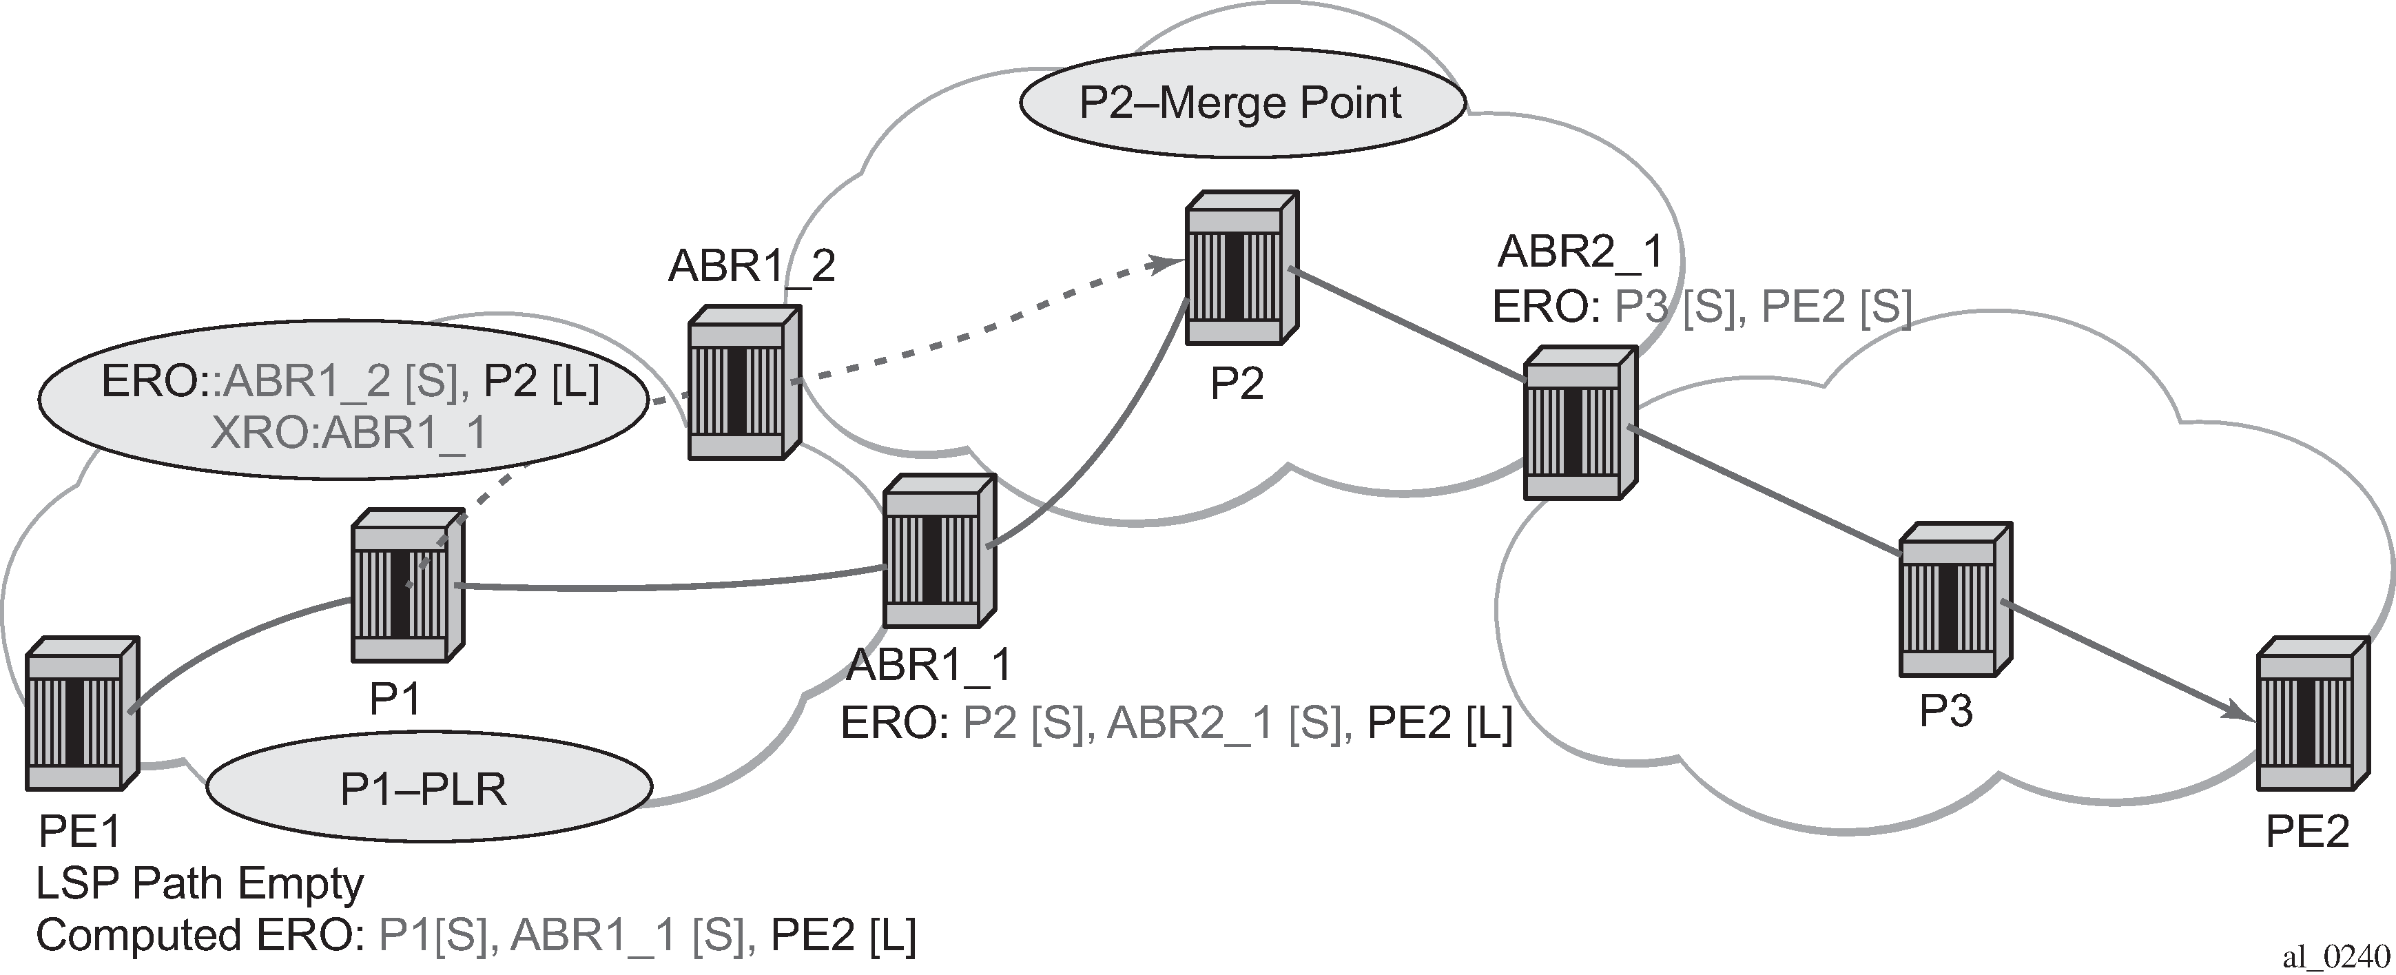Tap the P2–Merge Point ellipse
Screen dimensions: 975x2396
click(x=1241, y=103)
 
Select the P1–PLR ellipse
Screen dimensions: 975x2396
click(x=426, y=789)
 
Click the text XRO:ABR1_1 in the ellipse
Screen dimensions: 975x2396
click(x=349, y=433)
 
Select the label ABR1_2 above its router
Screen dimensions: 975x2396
click(x=752, y=266)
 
